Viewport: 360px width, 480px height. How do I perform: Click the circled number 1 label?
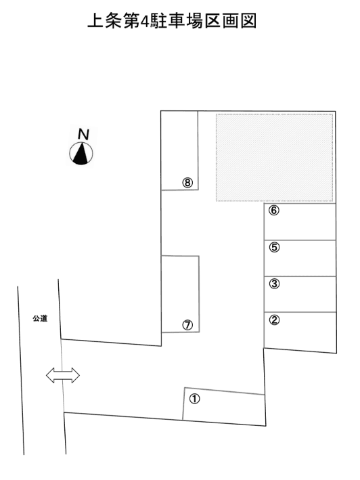194,399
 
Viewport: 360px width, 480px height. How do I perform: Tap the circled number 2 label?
274,320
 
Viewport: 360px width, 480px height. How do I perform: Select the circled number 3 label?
274,284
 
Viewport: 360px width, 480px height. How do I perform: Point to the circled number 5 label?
274,247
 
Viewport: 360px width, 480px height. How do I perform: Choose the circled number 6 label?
274,211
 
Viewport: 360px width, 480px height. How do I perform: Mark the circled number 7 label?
187,325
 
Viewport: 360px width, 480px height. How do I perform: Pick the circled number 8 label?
187,183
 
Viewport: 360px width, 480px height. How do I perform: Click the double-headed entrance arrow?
63,375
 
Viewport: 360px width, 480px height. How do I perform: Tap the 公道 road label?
40,319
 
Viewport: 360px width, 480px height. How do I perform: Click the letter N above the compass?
83,135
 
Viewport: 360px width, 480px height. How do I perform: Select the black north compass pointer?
81,153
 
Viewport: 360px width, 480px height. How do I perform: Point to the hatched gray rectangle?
274,158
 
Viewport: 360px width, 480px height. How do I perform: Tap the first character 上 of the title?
95,21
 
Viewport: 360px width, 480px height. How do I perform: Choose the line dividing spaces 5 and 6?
300,240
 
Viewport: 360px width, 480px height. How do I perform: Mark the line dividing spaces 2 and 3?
300,312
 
